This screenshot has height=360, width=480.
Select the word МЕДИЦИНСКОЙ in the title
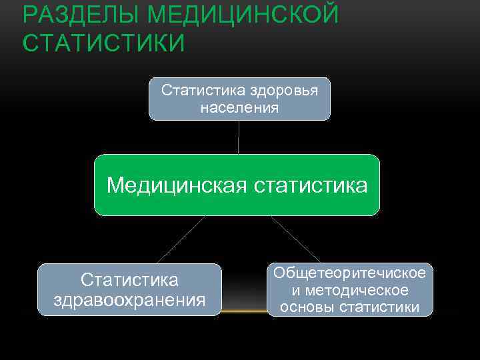tap(243, 15)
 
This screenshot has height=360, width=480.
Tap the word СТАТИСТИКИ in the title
tap(103, 43)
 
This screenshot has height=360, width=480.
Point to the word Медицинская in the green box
tap(177, 185)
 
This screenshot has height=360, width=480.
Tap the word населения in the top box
tap(239, 107)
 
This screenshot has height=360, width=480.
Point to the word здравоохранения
tap(129, 299)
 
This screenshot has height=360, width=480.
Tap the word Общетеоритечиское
tap(349, 273)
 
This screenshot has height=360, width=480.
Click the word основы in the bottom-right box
tap(308, 307)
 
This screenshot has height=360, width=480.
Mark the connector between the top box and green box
tap(239, 137)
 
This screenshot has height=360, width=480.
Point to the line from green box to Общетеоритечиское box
tap(295, 239)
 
